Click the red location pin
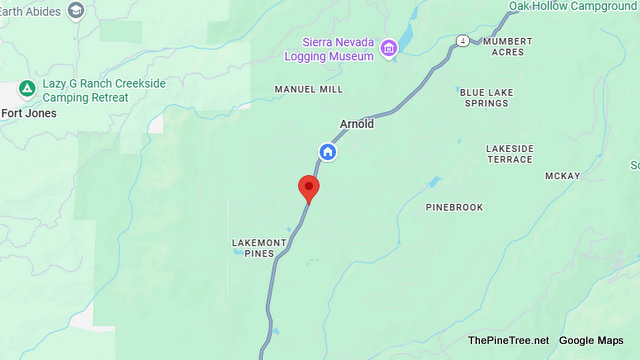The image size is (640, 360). point(309,188)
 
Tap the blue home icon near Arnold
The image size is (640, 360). point(327,152)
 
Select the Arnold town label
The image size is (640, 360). point(357,125)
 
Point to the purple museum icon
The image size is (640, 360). point(389,47)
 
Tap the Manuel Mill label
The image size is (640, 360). point(309,89)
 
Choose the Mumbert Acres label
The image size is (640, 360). point(507,47)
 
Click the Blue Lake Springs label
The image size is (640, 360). point(487,98)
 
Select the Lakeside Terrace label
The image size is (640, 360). point(509,154)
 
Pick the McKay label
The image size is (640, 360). point(563,176)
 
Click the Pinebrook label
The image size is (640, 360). point(454,207)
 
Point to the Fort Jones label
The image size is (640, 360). point(28,113)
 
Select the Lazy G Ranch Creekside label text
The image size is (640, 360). point(103,90)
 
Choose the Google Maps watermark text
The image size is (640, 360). point(591,341)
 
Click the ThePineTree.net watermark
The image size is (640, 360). point(508,341)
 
